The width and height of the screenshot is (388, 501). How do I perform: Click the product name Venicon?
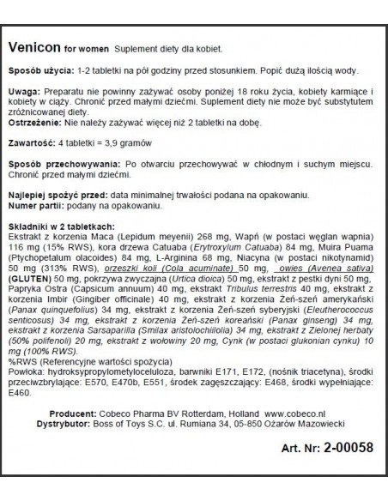pos(34,44)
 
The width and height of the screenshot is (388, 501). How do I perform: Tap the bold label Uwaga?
pos(23,91)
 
